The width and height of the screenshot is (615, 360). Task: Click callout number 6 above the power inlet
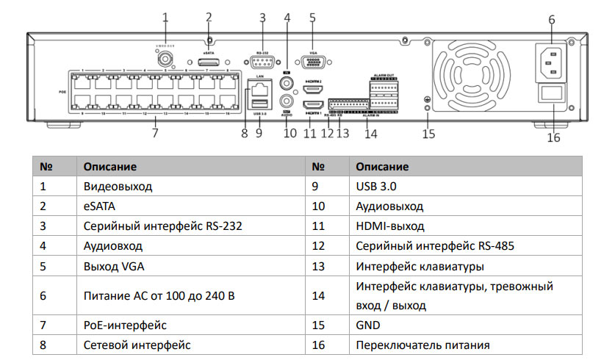point(551,19)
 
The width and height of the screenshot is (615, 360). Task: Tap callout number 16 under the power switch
point(554,137)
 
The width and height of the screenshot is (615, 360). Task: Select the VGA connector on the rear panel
point(312,63)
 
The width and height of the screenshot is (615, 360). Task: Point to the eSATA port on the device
point(209,63)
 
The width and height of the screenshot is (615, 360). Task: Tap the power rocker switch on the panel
point(553,96)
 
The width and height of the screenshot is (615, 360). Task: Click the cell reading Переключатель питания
point(422,345)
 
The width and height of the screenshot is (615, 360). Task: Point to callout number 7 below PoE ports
point(155,133)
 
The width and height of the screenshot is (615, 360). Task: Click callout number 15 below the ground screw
point(428,133)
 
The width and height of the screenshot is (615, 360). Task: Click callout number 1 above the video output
point(165,16)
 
